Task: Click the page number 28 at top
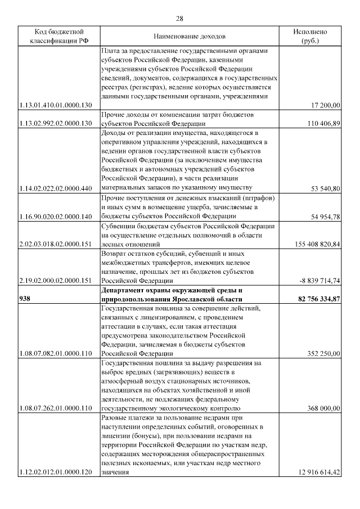point(179,19)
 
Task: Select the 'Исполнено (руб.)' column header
point(309,36)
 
